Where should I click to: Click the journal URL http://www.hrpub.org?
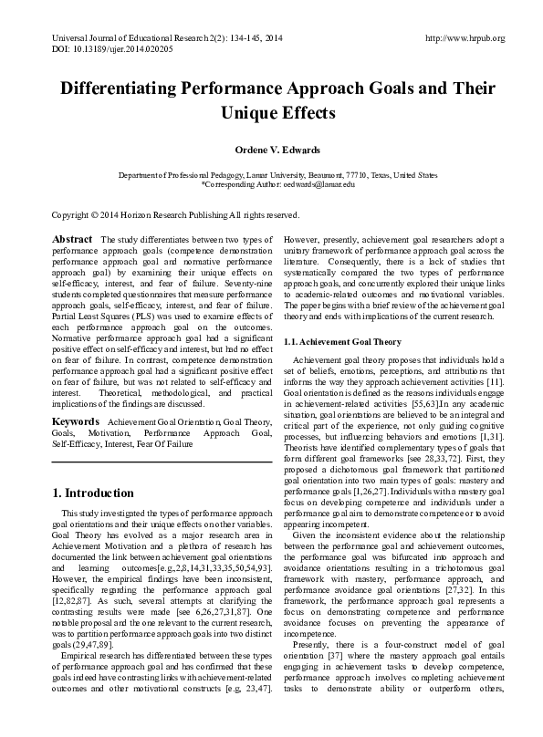click(x=465, y=38)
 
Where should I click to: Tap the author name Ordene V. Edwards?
click(x=271, y=151)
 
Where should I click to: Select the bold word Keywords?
click(x=76, y=422)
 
